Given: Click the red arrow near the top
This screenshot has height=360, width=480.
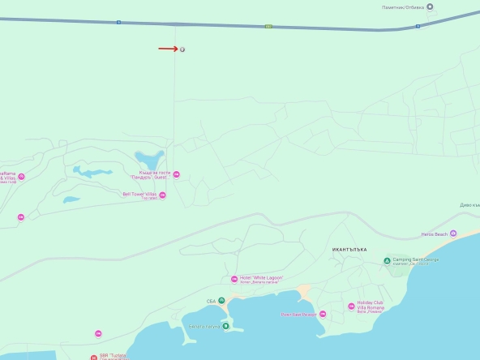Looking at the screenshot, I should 168,49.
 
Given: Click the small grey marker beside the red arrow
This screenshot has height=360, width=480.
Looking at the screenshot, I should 182,49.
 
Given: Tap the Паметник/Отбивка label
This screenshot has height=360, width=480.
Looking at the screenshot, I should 402,6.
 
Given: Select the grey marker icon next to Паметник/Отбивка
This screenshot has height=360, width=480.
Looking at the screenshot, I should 430,6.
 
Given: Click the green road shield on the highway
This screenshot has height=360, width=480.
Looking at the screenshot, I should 268,26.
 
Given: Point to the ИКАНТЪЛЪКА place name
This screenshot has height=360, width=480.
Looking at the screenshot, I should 349,249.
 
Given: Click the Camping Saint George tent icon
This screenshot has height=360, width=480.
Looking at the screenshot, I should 387,259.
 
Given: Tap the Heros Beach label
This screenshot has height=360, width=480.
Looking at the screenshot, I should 434,234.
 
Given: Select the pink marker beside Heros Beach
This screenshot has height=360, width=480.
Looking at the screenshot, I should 453,234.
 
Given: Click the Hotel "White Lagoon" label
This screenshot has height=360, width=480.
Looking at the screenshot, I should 261,278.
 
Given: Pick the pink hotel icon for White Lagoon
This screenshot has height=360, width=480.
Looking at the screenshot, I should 234,279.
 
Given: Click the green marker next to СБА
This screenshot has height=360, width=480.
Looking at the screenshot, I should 221,300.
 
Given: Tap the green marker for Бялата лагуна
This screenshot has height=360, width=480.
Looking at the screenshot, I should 226,326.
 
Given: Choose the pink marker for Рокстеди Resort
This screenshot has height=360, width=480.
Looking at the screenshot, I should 322,314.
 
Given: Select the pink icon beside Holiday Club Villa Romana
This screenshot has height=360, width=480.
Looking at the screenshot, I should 351,306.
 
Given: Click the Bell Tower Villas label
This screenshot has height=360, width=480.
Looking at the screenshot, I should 139,195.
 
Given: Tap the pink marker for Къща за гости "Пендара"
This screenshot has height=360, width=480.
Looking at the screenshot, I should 177,174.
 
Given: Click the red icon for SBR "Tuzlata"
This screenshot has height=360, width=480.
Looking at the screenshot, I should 94,357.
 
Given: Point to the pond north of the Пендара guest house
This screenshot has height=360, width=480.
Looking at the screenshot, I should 149,157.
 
